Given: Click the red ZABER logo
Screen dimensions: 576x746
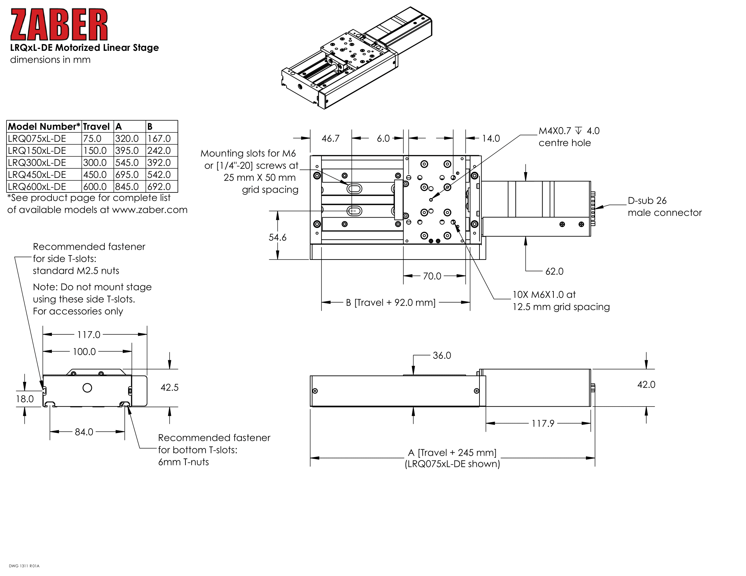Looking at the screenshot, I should [59, 25].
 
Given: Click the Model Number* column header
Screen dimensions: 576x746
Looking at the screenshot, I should [44, 127].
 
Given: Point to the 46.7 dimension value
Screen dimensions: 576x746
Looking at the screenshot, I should [330, 139].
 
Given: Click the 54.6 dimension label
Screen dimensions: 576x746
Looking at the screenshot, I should [277, 237].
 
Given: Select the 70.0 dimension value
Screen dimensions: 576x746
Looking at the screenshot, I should [432, 276].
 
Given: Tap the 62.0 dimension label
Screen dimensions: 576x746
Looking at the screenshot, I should [554, 271].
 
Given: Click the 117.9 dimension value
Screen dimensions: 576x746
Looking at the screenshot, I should [543, 424].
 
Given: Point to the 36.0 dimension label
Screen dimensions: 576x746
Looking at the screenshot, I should [441, 355].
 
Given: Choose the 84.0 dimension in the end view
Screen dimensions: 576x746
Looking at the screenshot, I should [84, 432].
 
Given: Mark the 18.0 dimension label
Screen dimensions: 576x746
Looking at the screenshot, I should [25, 399].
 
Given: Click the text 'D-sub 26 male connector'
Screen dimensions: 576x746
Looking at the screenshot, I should [664, 206].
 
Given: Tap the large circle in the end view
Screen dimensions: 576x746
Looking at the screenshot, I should [87, 388].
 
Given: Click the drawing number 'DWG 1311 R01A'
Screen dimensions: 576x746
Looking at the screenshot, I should [24, 566].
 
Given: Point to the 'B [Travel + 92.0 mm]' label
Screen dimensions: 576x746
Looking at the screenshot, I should [391, 303].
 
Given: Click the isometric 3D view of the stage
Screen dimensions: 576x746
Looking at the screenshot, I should [357, 58].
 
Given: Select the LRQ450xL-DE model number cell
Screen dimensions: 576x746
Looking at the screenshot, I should [37, 175].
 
